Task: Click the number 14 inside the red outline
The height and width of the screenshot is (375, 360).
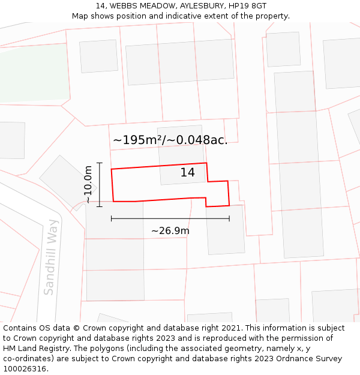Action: pyautogui.click(x=187, y=173)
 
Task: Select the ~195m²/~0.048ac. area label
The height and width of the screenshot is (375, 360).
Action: pyautogui.click(x=170, y=140)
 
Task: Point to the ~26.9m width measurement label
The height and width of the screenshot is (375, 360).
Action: pyautogui.click(x=170, y=231)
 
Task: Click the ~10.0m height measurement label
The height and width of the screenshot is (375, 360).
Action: pyautogui.click(x=89, y=185)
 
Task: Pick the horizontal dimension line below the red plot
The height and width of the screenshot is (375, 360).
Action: pyautogui.click(x=170, y=219)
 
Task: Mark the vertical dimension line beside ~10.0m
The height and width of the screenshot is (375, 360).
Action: pyautogui.click(x=100, y=185)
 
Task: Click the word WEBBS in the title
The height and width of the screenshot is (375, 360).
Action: pyautogui.click(x=122, y=5)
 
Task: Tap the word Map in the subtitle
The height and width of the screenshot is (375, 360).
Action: pyautogui.click(x=81, y=16)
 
